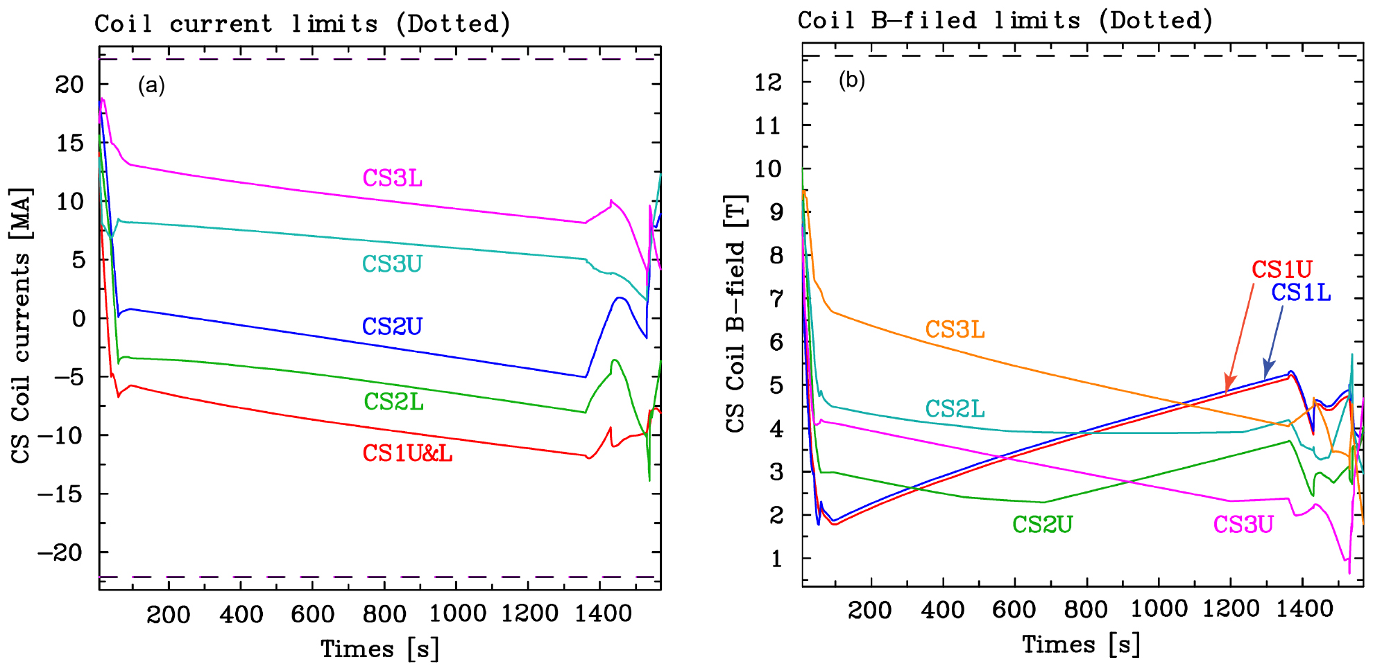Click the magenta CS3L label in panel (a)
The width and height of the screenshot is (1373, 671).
click(392, 178)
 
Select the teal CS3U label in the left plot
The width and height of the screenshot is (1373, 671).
click(392, 264)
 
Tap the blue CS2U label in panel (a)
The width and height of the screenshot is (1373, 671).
click(392, 326)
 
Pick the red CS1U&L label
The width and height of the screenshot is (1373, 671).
click(407, 453)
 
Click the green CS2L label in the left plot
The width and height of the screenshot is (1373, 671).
click(393, 401)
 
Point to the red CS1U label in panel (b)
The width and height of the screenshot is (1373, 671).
click(1282, 269)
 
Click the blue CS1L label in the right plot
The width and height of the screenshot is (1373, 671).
click(1301, 293)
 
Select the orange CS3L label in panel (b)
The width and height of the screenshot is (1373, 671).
click(955, 330)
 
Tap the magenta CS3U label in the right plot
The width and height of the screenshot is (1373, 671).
click(1243, 525)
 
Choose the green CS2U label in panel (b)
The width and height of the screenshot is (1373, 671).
click(1042, 525)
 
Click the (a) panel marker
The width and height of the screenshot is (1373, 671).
click(151, 85)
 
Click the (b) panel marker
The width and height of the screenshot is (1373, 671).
click(852, 80)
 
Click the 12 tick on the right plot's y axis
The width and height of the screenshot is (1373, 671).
click(768, 82)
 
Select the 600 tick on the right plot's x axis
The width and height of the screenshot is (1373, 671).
click(1014, 609)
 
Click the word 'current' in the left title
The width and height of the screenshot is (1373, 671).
click(221, 24)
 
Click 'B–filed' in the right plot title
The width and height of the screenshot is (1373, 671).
click(923, 21)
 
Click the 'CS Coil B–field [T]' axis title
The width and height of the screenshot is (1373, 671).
click(735, 313)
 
